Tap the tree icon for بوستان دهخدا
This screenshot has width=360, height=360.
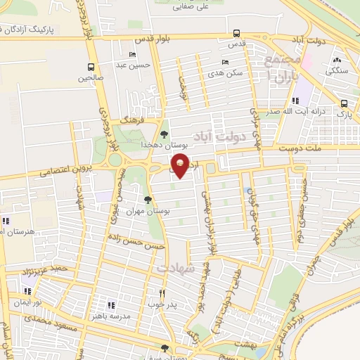tap(164, 133)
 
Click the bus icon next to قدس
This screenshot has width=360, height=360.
tap(236, 33)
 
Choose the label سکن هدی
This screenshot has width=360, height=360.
tap(229, 72)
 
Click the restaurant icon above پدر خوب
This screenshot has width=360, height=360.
tap(161, 293)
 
